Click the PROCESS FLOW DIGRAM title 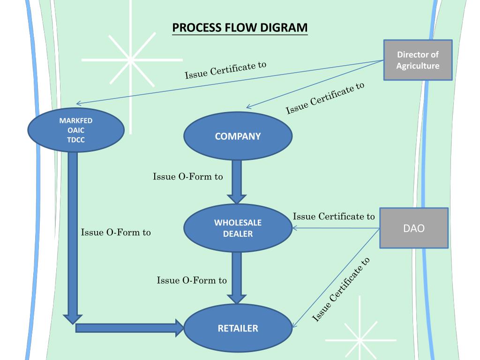240,28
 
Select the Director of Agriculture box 418,60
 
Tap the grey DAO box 414,228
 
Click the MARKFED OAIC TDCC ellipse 76,130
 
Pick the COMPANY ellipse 238,136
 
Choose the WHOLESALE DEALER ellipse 238,228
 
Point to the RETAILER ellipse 238,328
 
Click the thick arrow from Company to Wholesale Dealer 237,182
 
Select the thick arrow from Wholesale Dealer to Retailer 237,278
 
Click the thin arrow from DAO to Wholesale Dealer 336,228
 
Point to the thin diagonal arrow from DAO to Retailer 336,278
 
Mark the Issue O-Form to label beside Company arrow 188,177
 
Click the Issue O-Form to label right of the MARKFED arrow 116,232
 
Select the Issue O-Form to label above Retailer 192,280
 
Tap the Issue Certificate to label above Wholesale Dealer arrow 334,217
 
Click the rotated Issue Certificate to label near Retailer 341,290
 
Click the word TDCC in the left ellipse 76,140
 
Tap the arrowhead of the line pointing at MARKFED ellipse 78,104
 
